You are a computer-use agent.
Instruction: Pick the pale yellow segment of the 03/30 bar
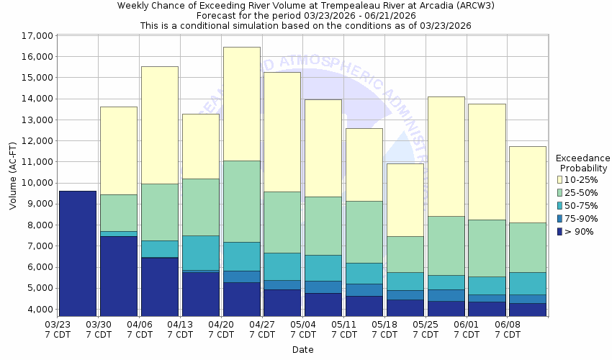(x=119, y=150)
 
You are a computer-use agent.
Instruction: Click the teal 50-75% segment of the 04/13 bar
(x=201, y=253)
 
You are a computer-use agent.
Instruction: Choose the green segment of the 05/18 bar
(x=405, y=254)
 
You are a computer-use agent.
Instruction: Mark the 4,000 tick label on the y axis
(x=41, y=310)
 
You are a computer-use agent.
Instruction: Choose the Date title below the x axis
(x=302, y=350)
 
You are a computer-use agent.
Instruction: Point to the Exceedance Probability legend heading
(x=582, y=163)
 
